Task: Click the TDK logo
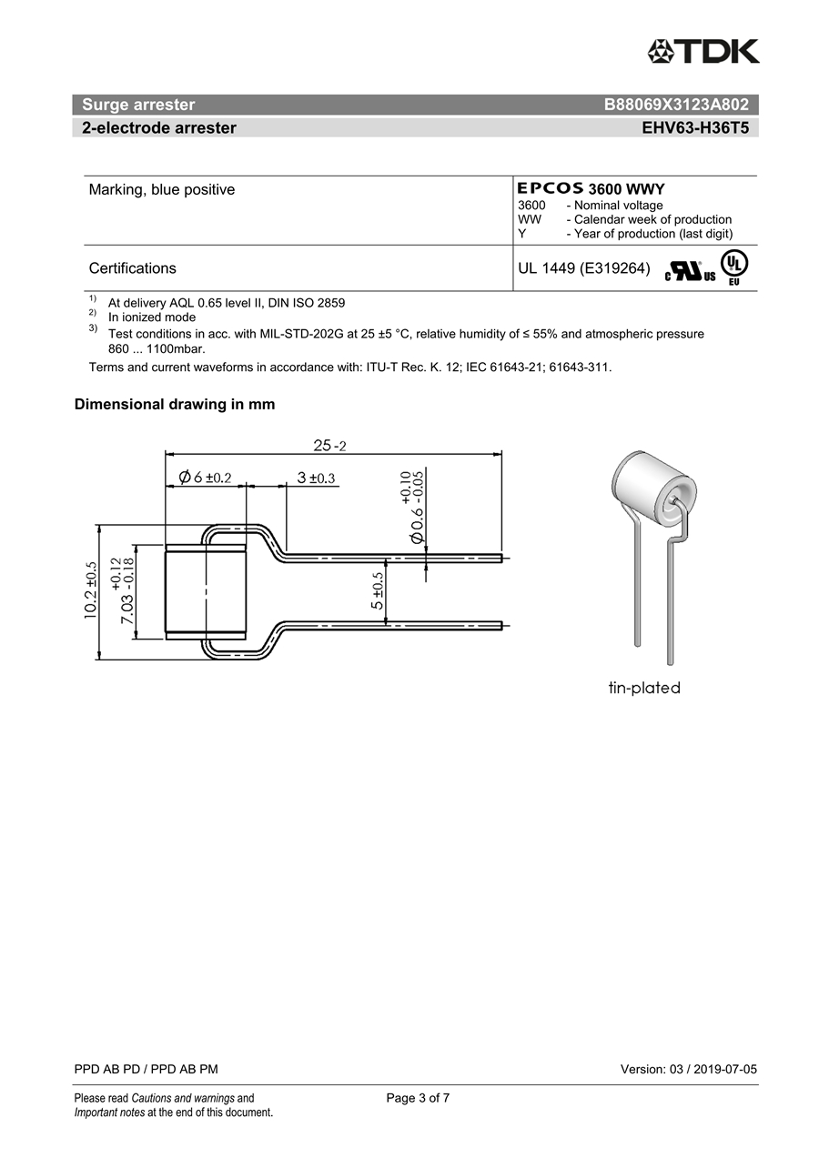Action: pyautogui.click(x=703, y=51)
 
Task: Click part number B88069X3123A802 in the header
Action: pyautogui.click(x=676, y=105)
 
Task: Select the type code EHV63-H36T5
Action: pyautogui.click(x=695, y=128)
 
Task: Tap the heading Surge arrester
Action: pyautogui.click(x=138, y=105)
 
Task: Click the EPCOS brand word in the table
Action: pyautogui.click(x=551, y=188)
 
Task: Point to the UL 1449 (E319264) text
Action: pyautogui.click(x=583, y=268)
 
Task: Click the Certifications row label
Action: pyautogui.click(x=133, y=268)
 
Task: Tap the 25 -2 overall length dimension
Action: pyautogui.click(x=330, y=446)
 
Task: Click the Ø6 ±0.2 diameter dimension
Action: pyautogui.click(x=206, y=478)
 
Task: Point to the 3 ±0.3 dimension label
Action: pyautogui.click(x=316, y=478)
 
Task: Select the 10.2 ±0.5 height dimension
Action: pyautogui.click(x=91, y=591)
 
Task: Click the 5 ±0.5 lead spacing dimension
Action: pyautogui.click(x=378, y=591)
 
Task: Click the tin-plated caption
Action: pyautogui.click(x=644, y=689)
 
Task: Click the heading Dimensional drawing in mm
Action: pyautogui.click(x=175, y=405)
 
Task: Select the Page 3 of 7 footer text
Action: pyautogui.click(x=418, y=1098)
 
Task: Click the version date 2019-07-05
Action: pyautogui.click(x=724, y=1069)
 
